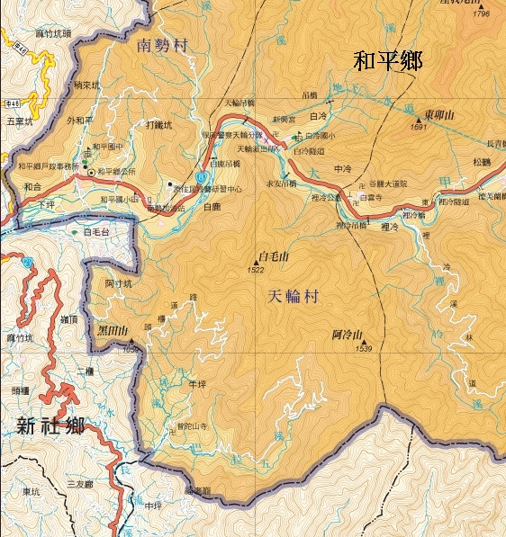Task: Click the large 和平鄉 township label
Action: [388, 62]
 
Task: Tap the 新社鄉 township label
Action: [50, 425]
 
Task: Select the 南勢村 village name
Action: [161, 45]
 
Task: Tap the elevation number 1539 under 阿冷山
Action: [364, 349]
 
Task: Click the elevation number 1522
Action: [255, 270]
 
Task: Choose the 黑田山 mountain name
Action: [113, 331]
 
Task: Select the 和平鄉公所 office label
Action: [116, 171]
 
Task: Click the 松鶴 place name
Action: [474, 162]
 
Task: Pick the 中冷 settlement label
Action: [341, 169]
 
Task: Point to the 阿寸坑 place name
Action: [117, 283]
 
